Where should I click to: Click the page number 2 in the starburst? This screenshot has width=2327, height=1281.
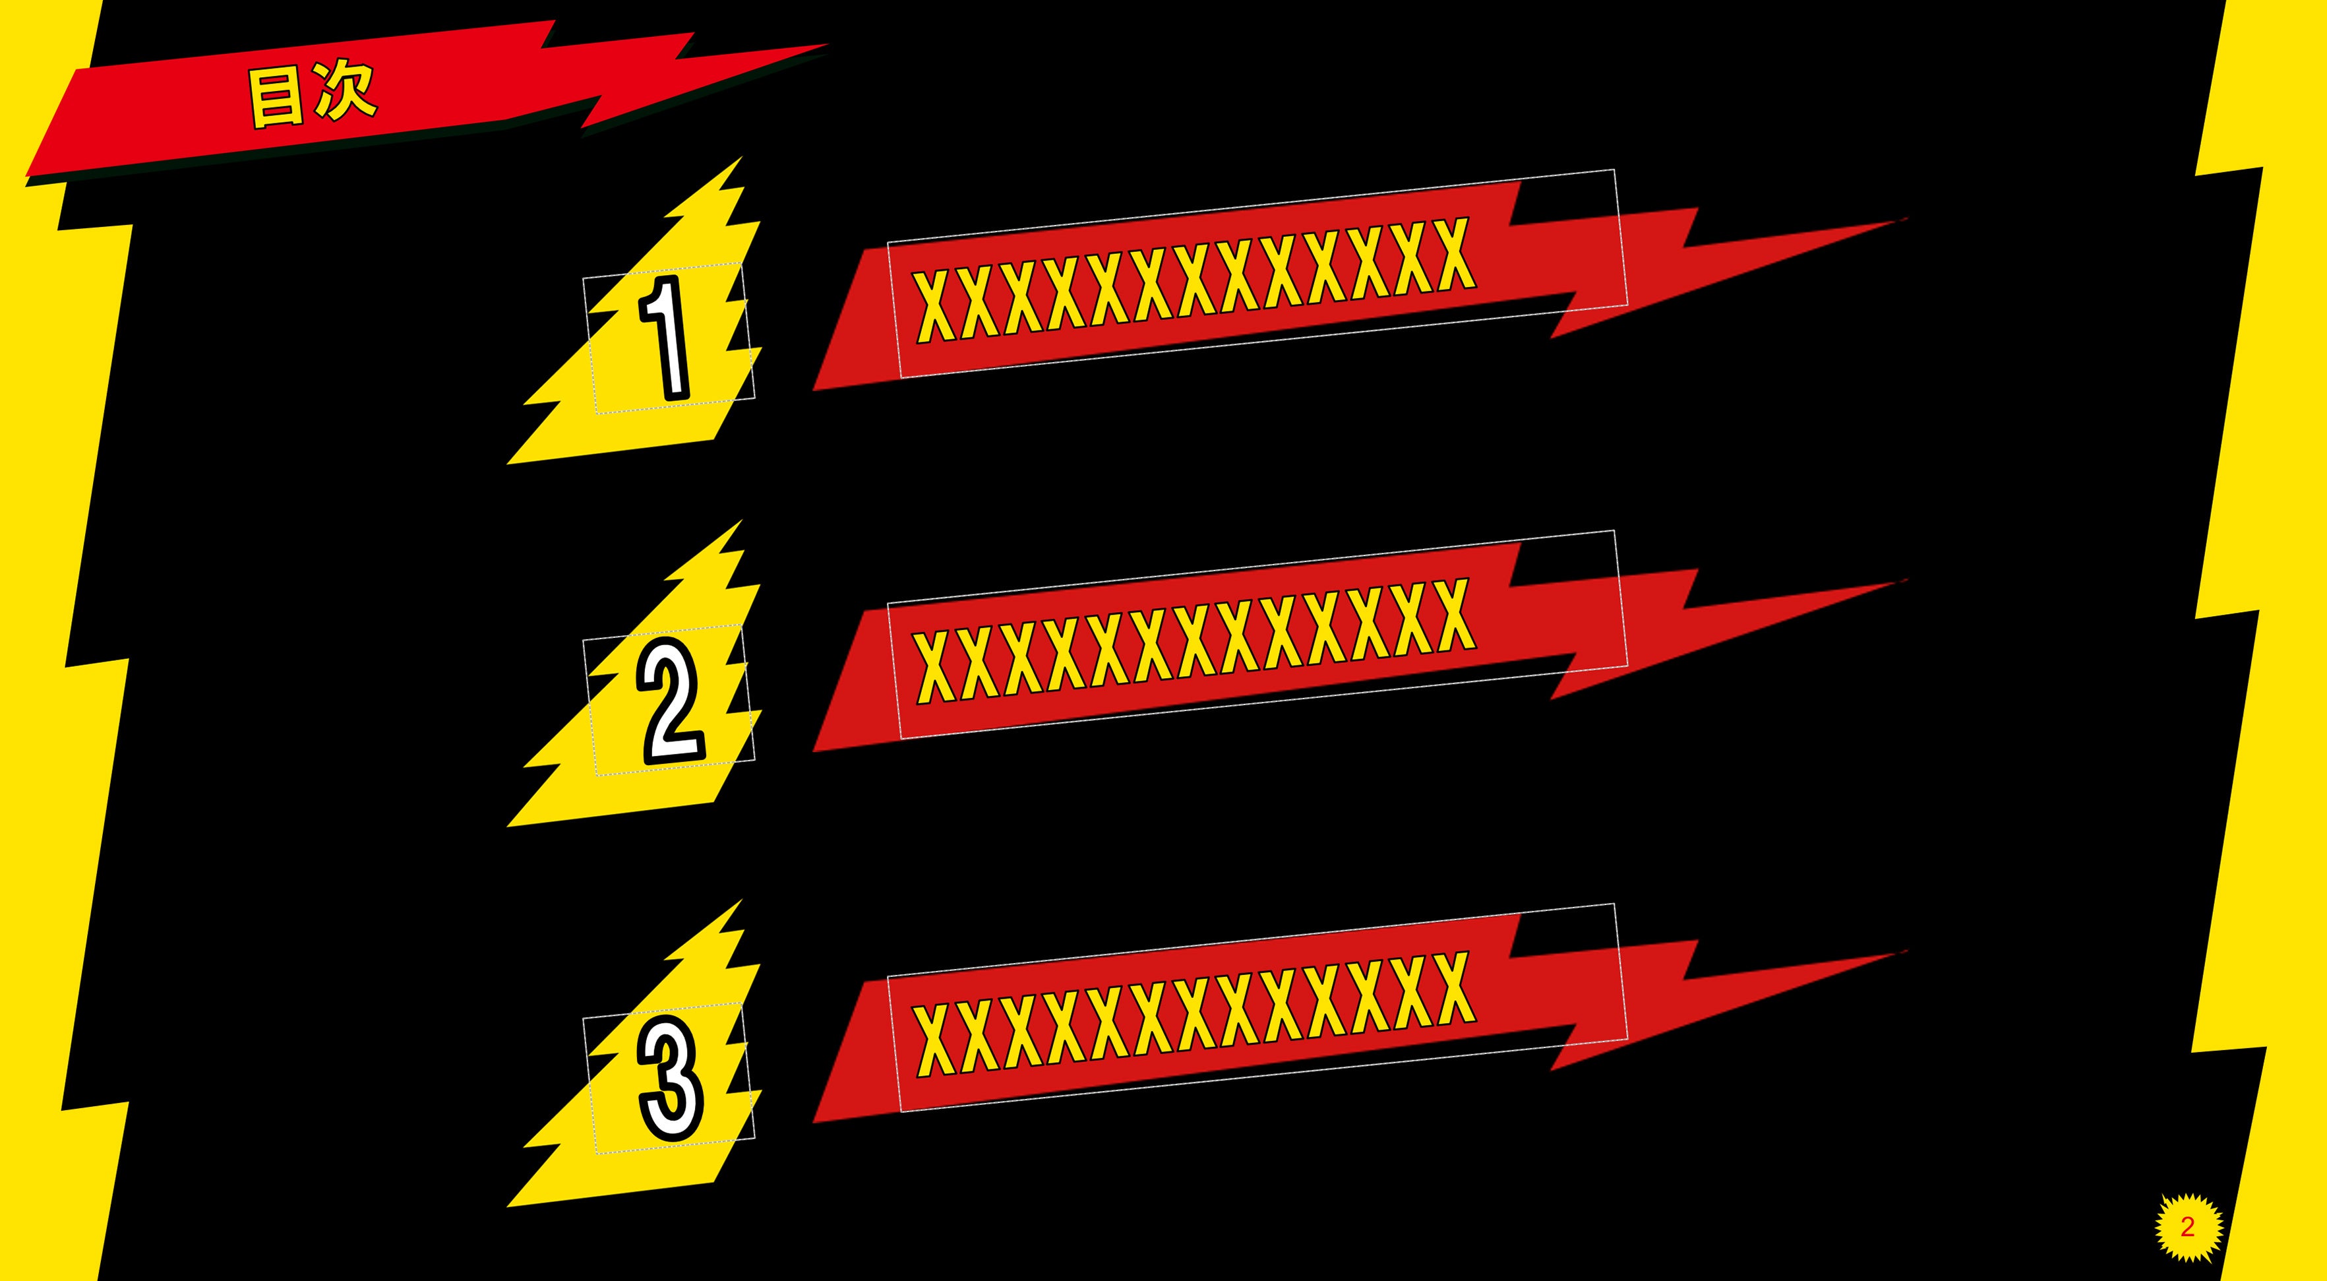(2187, 1227)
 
